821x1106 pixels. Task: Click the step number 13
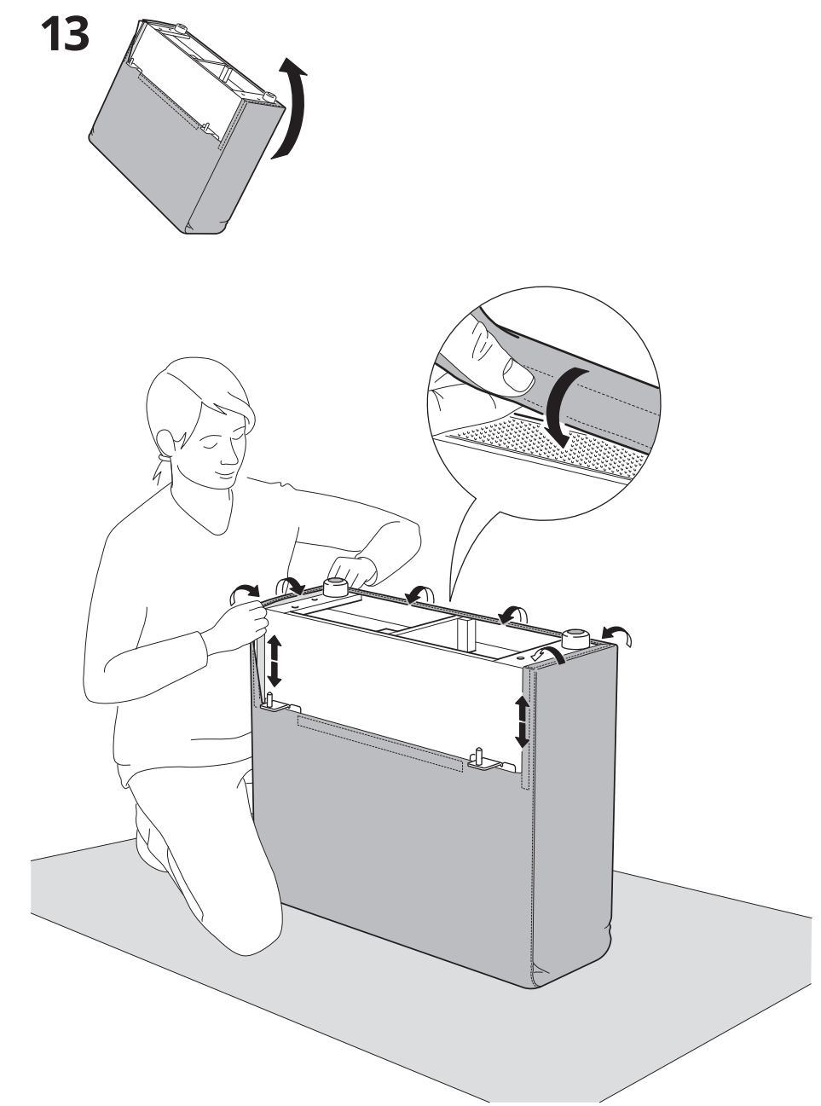[x=66, y=34]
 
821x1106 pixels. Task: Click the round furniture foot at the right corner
[x=575, y=639]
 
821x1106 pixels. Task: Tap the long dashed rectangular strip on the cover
[x=380, y=743]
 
